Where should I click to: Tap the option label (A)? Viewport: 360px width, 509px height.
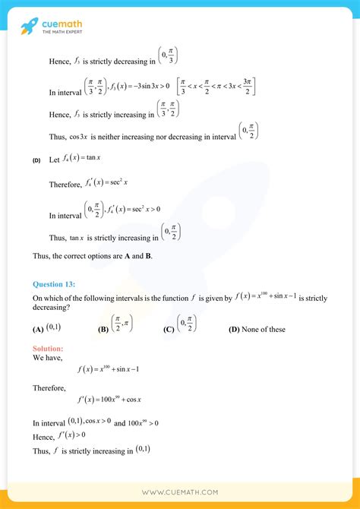38,330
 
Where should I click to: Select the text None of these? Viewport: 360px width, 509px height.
265,329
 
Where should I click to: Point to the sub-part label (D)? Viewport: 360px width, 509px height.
36,161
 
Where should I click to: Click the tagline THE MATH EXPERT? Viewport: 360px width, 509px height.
63,32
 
